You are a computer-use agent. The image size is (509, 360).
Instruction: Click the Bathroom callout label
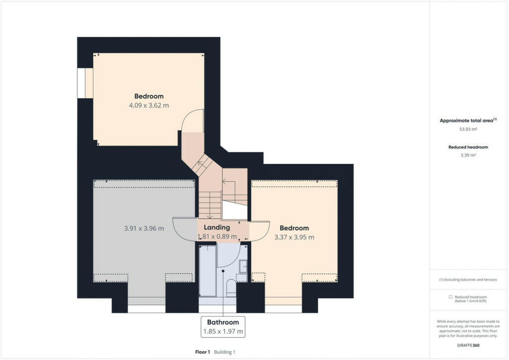(223, 322)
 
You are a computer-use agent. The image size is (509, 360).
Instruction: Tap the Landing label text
(216, 228)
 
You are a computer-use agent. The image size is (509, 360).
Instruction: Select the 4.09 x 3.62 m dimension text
(149, 105)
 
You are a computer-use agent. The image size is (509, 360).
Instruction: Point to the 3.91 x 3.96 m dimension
(144, 229)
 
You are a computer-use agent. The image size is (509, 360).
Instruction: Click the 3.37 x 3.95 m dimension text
(294, 237)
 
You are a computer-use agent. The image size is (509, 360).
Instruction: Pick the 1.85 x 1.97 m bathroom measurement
(223, 331)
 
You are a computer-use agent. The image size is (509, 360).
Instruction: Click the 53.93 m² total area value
(468, 129)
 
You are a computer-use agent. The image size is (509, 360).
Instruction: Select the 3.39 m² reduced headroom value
(468, 155)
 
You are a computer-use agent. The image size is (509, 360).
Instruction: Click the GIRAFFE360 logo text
(468, 345)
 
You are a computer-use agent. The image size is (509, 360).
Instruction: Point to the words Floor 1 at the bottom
(203, 352)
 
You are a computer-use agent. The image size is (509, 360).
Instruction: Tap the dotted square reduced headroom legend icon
(450, 297)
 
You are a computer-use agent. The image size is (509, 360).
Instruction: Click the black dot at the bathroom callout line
(224, 271)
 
